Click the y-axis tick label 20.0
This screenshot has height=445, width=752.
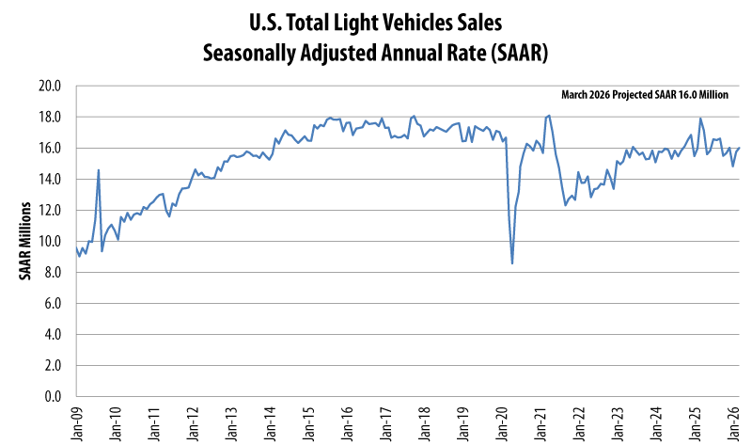pyautogui.click(x=49, y=86)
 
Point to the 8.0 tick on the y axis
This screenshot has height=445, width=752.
pyautogui.click(x=52, y=272)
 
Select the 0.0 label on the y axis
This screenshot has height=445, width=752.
pyautogui.click(x=52, y=396)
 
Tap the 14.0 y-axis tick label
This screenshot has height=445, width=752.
pyautogui.click(x=49, y=179)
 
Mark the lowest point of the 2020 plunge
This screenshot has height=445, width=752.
pyautogui.click(x=512, y=262)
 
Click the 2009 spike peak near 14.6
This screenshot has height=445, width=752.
pyautogui.click(x=99, y=170)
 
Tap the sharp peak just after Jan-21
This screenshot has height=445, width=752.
pyautogui.click(x=549, y=116)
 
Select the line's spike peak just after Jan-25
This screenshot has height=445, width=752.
pyautogui.click(x=700, y=119)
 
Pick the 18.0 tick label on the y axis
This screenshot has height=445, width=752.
pyautogui.click(x=49, y=117)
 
